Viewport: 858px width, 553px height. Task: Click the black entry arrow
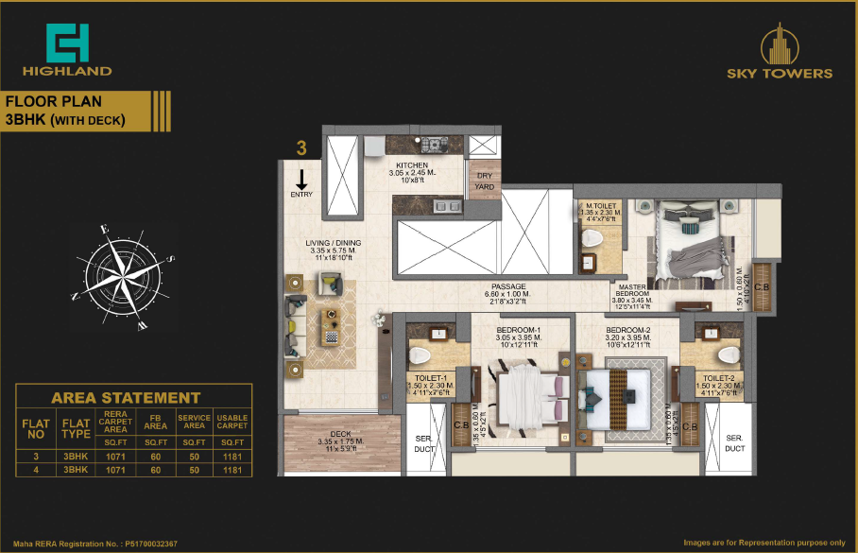(301, 180)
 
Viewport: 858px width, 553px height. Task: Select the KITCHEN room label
(412, 165)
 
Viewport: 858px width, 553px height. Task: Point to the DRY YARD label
(483, 176)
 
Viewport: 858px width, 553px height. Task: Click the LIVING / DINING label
(333, 243)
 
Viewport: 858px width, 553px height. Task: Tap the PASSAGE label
(508, 287)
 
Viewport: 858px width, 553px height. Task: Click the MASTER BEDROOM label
(632, 289)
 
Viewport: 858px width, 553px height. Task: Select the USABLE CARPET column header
(232, 420)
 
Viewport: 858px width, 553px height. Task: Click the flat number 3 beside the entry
(301, 147)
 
